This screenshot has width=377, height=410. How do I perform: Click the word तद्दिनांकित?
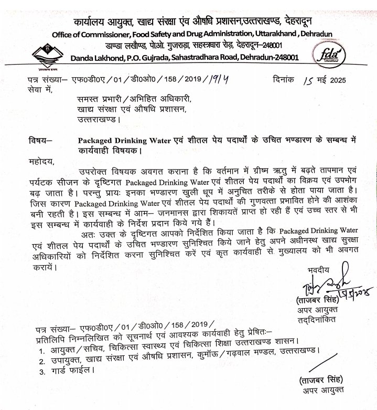(320, 319)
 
